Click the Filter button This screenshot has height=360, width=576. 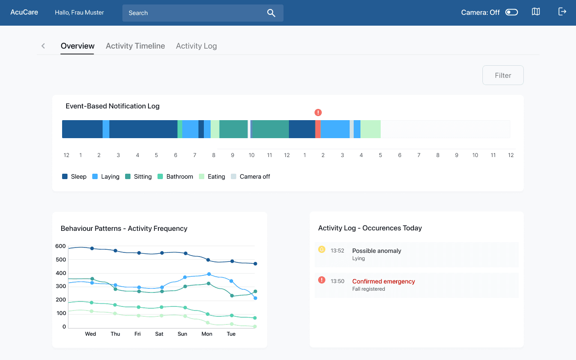pos(503,75)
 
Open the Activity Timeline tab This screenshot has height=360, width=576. pos(135,46)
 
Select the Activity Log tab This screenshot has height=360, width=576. pos(196,46)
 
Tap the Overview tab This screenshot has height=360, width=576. pos(77,46)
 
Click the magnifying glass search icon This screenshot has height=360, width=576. pos(271,13)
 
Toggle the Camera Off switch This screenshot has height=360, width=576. pos(512,12)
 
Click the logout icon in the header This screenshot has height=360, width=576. pos(562,12)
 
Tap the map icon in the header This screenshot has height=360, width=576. pos(536,12)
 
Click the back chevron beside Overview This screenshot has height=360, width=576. pos(43,46)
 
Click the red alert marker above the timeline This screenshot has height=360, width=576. pos(318,112)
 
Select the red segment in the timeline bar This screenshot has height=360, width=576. pos(318,129)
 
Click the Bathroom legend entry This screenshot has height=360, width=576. pos(175,176)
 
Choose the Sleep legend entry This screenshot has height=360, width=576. pos(74,176)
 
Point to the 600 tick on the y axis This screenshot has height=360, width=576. pos(60,246)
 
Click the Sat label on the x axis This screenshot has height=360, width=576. pos(159,334)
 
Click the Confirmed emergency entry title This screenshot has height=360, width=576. pos(383,281)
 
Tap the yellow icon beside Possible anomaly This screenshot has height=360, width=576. pos(322,249)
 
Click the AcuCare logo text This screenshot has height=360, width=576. pos(24,12)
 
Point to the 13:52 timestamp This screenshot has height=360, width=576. pos(337,251)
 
